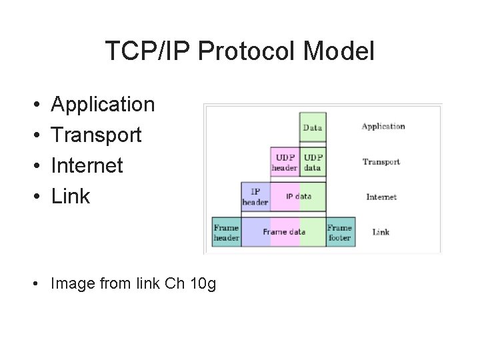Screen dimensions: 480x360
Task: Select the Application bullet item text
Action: tap(103, 105)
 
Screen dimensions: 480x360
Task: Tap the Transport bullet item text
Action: tap(97, 135)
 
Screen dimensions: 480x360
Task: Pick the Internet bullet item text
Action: tap(87, 165)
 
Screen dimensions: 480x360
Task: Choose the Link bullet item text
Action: tap(71, 196)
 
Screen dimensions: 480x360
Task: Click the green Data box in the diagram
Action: tap(313, 127)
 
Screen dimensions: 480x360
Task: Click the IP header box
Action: tap(255, 197)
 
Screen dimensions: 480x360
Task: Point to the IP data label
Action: tap(299, 197)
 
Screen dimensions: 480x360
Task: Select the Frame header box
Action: tap(227, 232)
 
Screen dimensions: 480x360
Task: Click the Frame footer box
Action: tap(340, 232)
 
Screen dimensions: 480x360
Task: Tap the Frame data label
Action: tap(285, 232)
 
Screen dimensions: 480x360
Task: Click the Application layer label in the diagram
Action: tap(383, 126)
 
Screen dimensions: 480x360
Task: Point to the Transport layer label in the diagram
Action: tap(381, 161)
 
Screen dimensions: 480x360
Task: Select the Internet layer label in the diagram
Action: tap(381, 197)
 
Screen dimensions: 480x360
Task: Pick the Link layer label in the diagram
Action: tap(381, 232)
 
